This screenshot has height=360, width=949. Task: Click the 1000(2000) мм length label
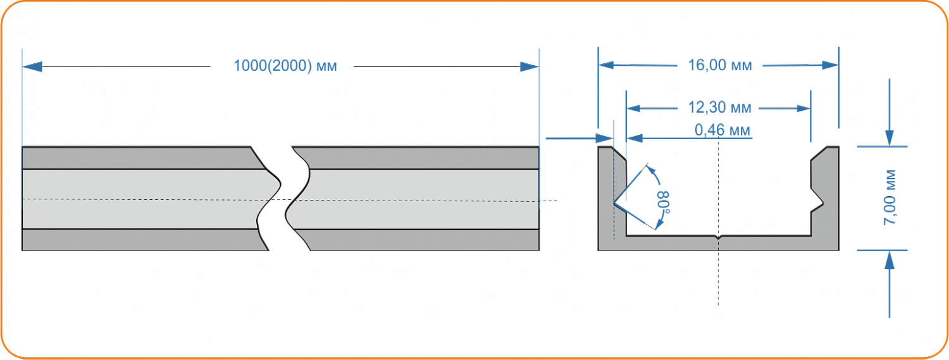pyautogui.click(x=285, y=66)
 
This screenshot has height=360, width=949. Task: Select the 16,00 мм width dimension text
pyautogui.click(x=720, y=65)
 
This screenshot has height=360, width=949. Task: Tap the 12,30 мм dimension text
pyautogui.click(x=719, y=108)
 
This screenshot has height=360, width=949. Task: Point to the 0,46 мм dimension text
pyautogui.click(x=723, y=130)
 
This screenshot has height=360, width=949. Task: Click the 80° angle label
pyautogui.click(x=664, y=202)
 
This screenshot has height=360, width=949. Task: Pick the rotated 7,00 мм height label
pyautogui.click(x=890, y=197)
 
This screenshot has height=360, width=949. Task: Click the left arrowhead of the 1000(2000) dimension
pyautogui.click(x=32, y=66)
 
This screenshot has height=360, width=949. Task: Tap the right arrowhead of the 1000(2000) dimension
pyautogui.click(x=529, y=66)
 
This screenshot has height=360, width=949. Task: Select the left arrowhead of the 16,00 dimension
pyautogui.click(x=606, y=65)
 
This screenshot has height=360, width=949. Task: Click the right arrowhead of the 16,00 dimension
pyautogui.click(x=830, y=65)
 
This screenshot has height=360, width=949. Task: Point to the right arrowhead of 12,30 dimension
pyautogui.click(x=803, y=108)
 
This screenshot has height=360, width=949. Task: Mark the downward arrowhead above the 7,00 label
pyautogui.click(x=890, y=138)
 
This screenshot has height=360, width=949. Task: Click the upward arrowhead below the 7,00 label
pyautogui.click(x=890, y=259)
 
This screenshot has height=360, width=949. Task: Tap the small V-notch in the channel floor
pyautogui.click(x=718, y=238)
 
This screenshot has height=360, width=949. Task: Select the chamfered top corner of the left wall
pyautogui.click(x=619, y=154)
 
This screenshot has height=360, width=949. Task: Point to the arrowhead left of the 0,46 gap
pyautogui.click(x=604, y=138)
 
